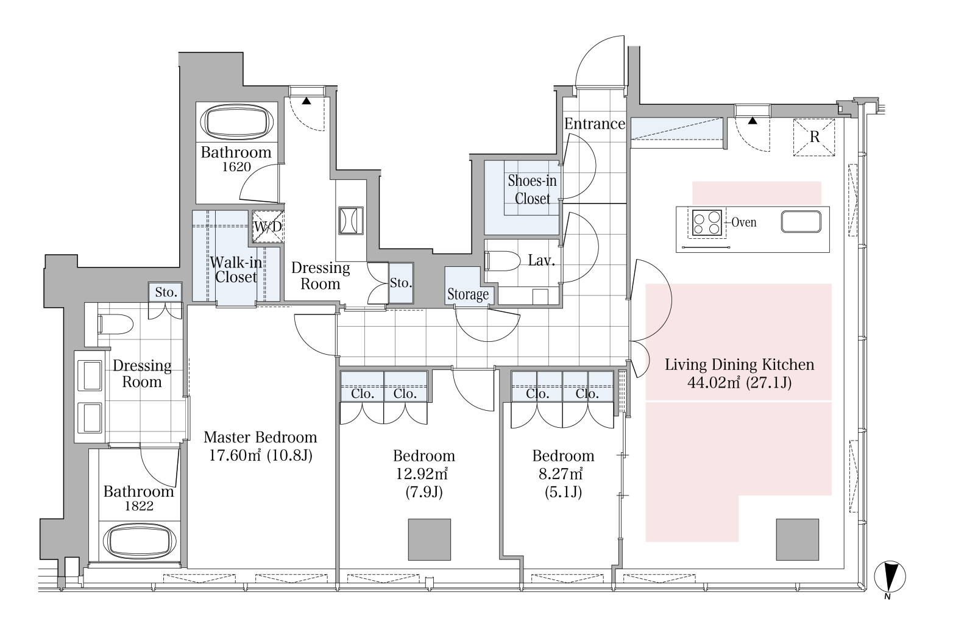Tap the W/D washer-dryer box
[268, 227]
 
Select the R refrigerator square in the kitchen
[814, 137]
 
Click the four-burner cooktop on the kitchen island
[707, 222]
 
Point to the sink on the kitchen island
[801, 222]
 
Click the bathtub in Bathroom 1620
[237, 122]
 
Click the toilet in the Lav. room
[503, 261]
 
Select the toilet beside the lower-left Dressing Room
[115, 324]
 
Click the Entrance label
[595, 124]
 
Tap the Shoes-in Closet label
[532, 190]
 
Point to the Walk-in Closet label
[236, 269]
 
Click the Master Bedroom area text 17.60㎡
[235, 456]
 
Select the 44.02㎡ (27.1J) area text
[739, 383]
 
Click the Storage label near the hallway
[468, 294]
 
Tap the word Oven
[743, 222]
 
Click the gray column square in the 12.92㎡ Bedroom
[429, 539]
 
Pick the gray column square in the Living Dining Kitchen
[797, 539]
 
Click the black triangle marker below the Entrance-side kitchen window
[753, 121]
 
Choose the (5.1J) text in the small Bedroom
[563, 492]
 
